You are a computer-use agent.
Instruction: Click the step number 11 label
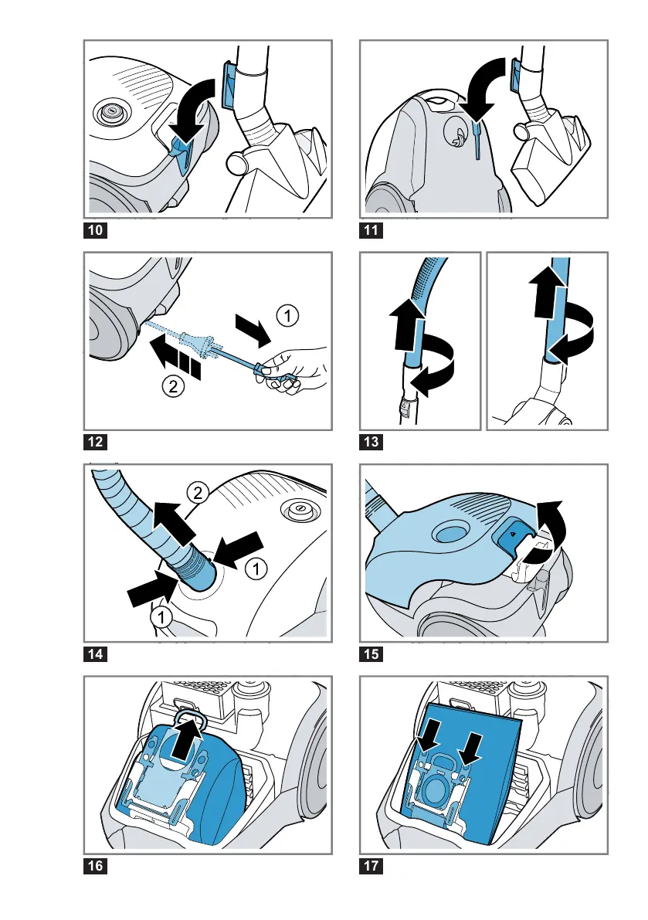373,230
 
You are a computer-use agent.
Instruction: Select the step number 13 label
373,443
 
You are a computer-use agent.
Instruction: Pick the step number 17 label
373,867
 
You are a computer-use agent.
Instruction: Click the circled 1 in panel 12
287,314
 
